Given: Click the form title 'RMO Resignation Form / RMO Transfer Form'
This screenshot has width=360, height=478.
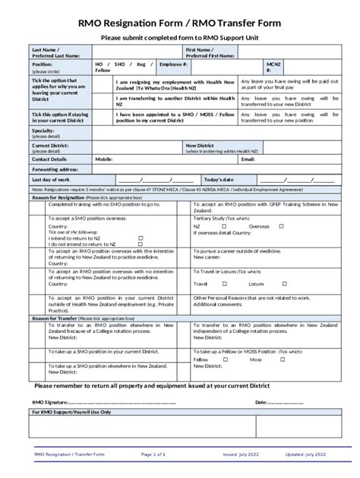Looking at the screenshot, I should [180, 24].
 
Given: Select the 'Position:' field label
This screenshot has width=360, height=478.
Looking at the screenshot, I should [43, 65].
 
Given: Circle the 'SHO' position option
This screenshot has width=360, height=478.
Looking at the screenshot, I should [120, 65].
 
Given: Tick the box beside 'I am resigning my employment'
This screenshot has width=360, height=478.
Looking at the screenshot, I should [103, 84].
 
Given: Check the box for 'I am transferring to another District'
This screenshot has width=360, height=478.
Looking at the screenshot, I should [103, 101].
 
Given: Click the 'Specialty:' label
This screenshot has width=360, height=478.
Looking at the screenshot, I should [43, 131].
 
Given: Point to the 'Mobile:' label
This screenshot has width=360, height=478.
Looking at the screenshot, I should [104, 159].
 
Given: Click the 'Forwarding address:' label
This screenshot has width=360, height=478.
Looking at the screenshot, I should [55, 169].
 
